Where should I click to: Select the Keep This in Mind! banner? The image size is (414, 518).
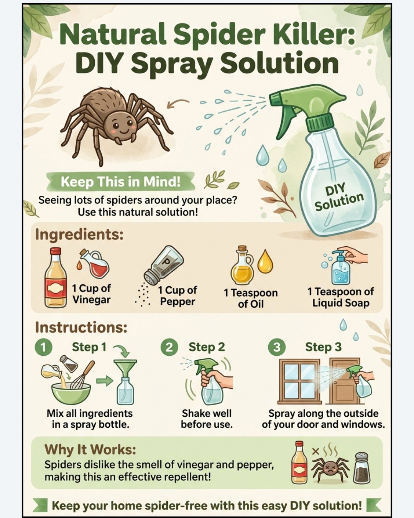(x=120, y=181)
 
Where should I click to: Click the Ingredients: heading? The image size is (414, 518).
(x=79, y=234)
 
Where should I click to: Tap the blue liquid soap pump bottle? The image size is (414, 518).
(x=340, y=268)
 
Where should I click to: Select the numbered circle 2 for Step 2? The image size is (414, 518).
(x=169, y=347)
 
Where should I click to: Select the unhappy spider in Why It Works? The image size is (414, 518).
(x=330, y=469)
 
